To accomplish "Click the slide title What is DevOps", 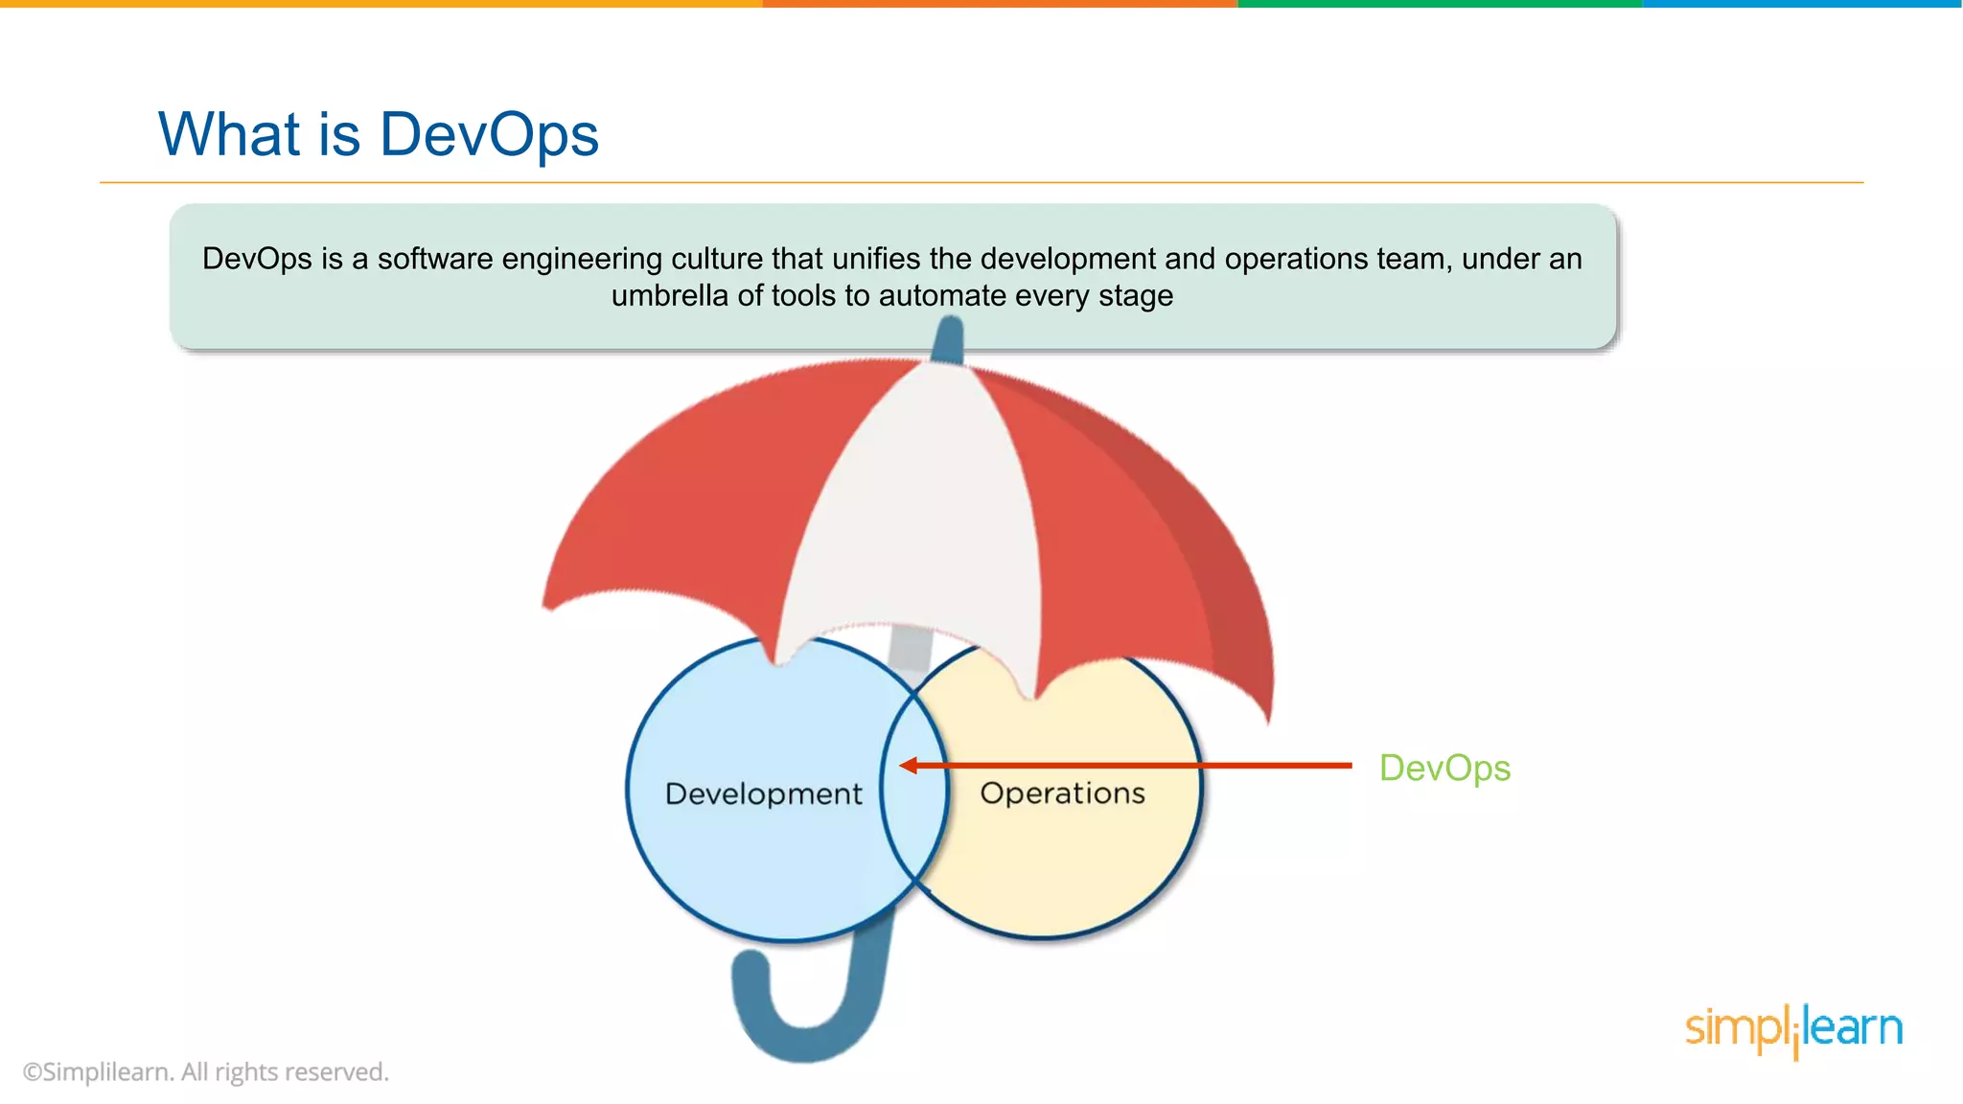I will coord(379,134).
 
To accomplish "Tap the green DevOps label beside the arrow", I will coord(1444,769).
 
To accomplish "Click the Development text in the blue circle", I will coord(763,793).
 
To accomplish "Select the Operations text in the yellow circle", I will coord(1062,793).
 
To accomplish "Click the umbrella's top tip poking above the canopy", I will coord(948,339).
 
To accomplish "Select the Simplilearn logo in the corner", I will coord(1793,1029).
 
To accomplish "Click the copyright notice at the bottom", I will coord(206,1071).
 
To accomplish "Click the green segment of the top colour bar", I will coord(1438,4).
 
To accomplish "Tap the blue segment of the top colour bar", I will coord(1802,4).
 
